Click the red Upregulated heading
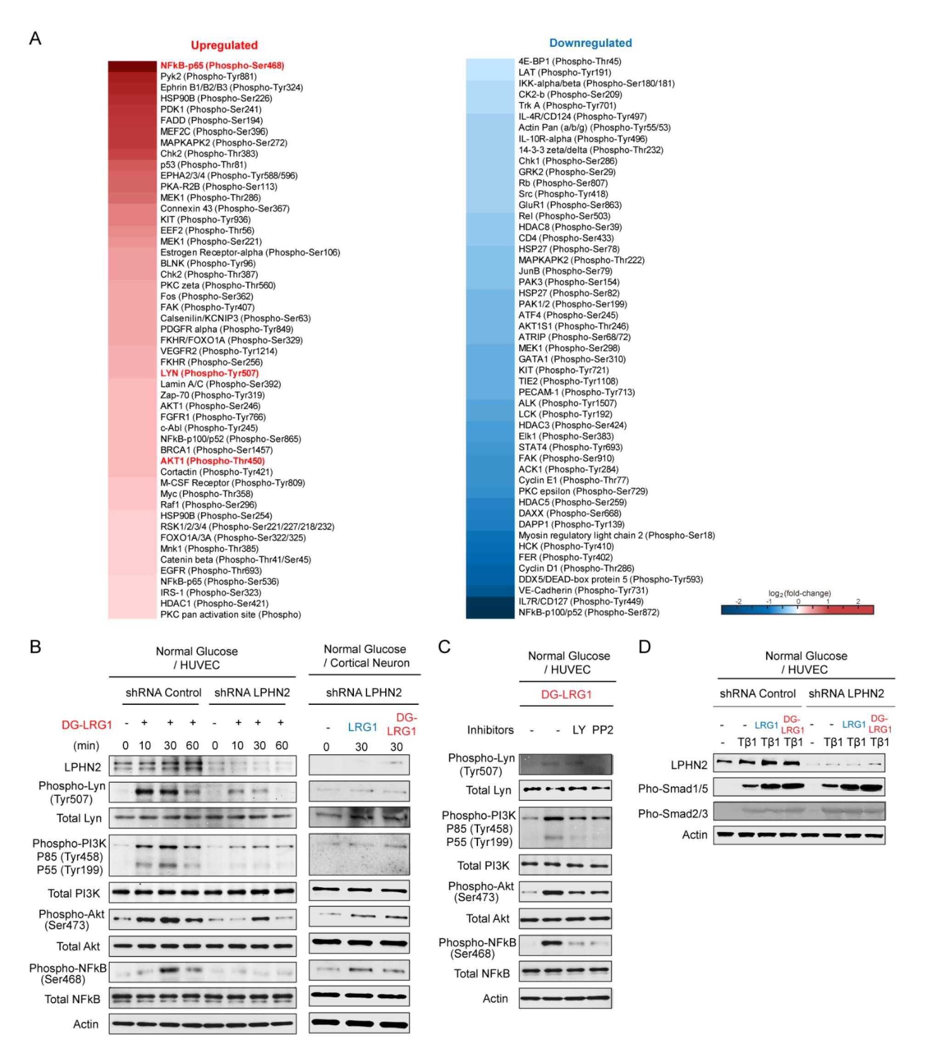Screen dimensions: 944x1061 coord(224,45)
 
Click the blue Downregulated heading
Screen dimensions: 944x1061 coord(590,43)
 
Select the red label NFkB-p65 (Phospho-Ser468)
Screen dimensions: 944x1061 coord(222,65)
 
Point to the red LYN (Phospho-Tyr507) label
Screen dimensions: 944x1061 coord(209,373)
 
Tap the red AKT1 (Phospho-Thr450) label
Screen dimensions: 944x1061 coord(212,461)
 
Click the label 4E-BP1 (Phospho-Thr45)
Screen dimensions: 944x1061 coord(569,61)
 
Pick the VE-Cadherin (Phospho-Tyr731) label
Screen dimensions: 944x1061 coord(583,590)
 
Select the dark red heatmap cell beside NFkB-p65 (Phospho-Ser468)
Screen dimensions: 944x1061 coord(132,66)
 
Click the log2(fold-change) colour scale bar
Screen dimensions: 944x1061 coord(797,610)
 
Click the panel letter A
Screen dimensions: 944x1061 coord(35,39)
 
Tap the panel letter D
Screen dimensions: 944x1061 coord(644,647)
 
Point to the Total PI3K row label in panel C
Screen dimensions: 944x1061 coord(483,865)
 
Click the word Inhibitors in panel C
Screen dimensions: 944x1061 coord(490,730)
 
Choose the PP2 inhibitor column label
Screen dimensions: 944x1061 coord(603,730)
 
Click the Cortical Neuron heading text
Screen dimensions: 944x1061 coord(370,663)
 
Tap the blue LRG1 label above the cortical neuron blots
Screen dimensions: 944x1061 coord(362,727)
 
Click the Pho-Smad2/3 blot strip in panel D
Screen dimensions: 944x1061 coord(799,811)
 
